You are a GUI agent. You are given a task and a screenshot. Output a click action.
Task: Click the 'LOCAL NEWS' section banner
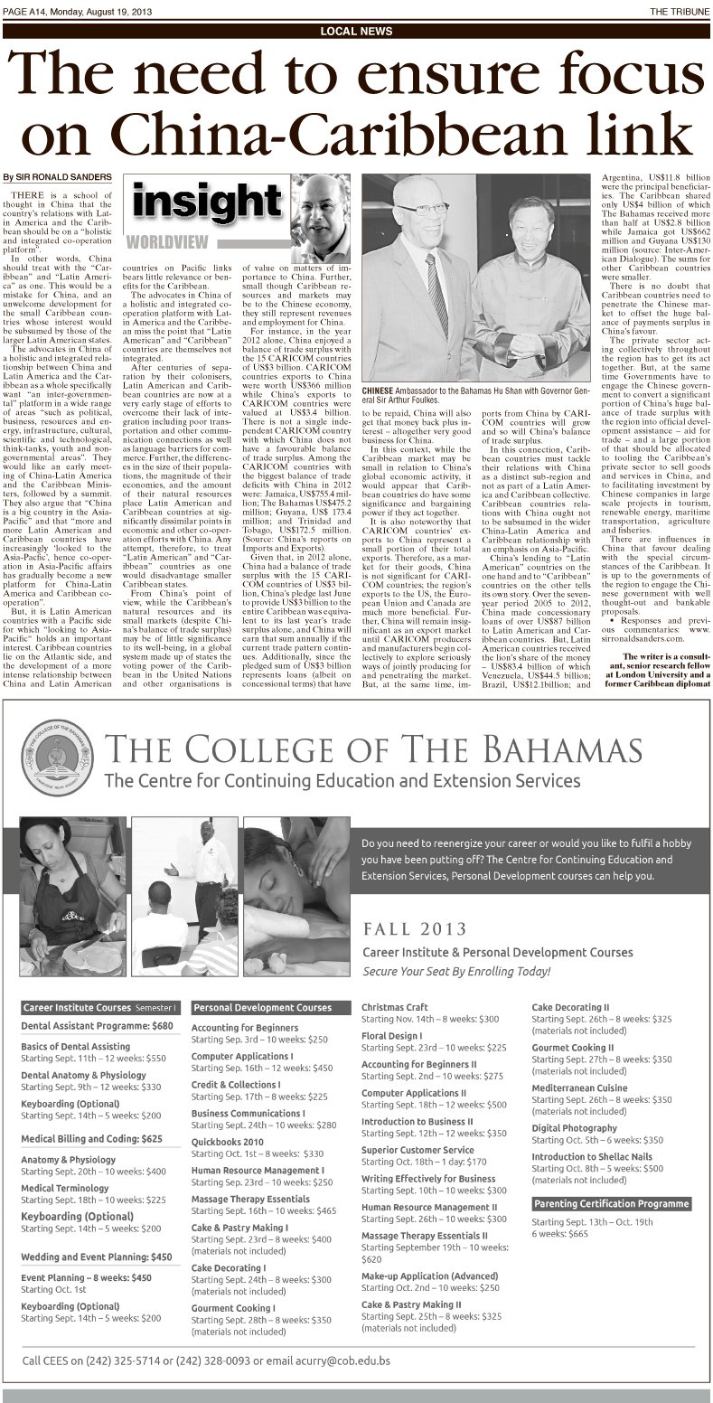pyautogui.click(x=356, y=31)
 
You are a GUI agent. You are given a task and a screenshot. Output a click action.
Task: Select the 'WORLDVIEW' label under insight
pyautogui.click(x=167, y=241)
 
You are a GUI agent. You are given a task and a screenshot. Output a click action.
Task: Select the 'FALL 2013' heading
pyautogui.click(x=416, y=929)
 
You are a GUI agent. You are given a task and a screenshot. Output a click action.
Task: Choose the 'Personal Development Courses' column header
pyautogui.click(x=263, y=1007)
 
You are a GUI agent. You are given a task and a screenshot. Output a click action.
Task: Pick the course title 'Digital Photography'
pyautogui.click(x=575, y=1128)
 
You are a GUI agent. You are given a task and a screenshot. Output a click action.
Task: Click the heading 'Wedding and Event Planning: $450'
pyautogui.click(x=97, y=1257)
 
